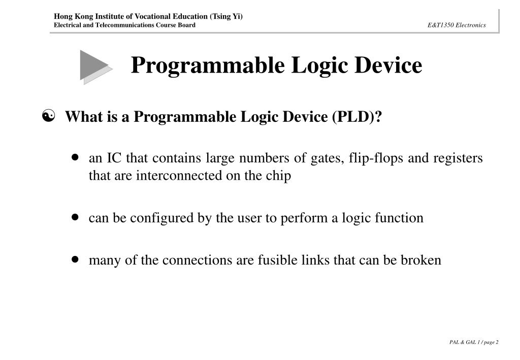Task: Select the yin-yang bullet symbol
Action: pyautogui.click(x=49, y=117)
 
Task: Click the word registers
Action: pyautogui.click(x=458, y=158)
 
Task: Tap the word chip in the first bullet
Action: pyautogui.click(x=280, y=176)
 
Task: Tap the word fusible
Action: pyautogui.click(x=274, y=260)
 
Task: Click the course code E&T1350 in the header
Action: pyautogui.click(x=440, y=25)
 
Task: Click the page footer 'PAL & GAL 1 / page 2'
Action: pyautogui.click(x=473, y=342)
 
